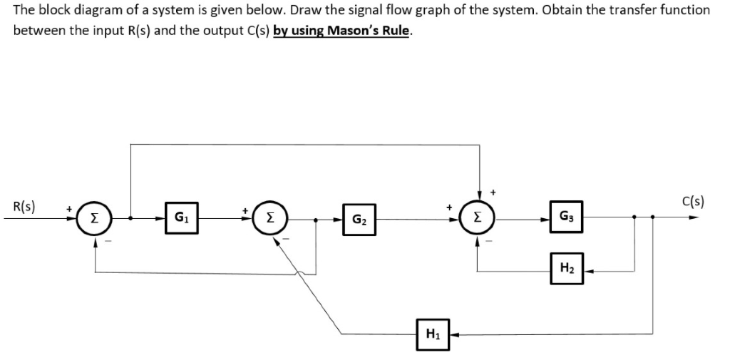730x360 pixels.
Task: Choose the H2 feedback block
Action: coord(566,268)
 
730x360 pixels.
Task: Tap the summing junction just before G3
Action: coord(478,217)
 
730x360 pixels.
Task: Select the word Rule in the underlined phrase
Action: coord(396,32)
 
